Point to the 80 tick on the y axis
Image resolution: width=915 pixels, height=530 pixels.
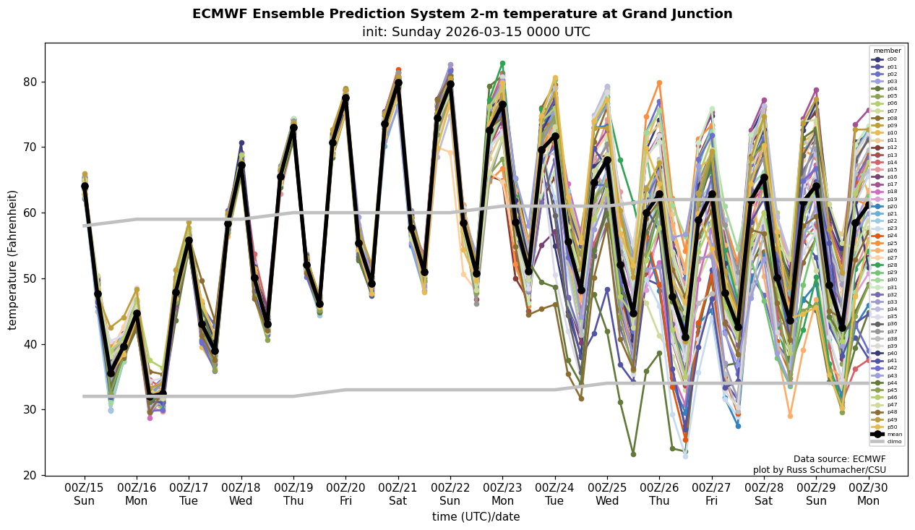coord(30,82)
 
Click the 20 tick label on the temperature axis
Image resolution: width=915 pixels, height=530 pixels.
coord(30,475)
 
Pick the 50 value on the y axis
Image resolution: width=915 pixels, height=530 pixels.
coord(30,278)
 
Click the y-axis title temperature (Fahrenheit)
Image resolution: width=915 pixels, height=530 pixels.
coord(13,260)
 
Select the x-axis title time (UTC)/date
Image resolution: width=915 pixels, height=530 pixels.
coord(476,517)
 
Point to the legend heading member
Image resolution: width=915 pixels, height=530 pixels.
coord(888,51)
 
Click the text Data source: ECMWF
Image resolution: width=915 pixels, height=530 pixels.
coord(839,459)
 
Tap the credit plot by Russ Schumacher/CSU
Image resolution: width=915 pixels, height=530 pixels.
coord(819,470)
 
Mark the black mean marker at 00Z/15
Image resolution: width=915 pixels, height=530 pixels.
coord(85,186)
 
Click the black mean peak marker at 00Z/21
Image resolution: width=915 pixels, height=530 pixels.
coord(398,82)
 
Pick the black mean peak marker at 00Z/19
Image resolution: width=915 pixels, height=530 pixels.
coord(293,127)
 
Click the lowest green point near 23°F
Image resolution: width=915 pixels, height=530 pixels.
coord(633,454)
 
